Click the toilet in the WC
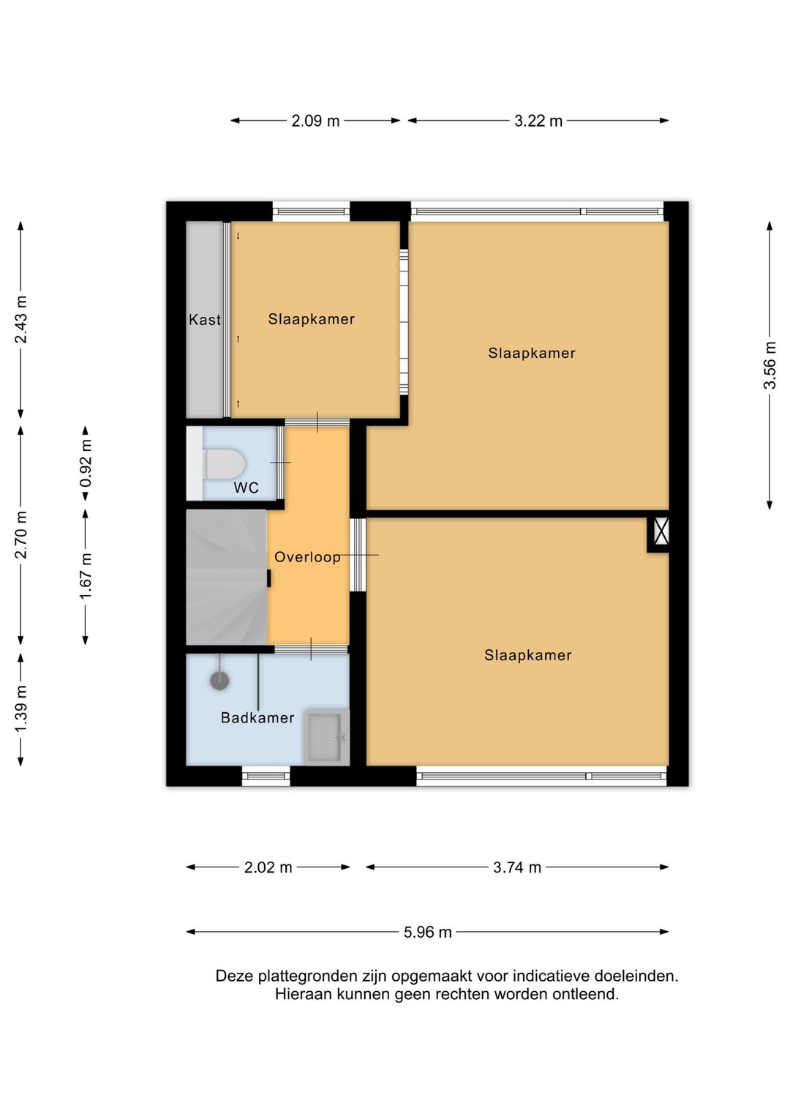[x=223, y=464]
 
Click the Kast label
[x=204, y=320]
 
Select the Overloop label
[x=307, y=557]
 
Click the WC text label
[x=247, y=487]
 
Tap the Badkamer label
[x=257, y=717]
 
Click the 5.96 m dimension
[x=427, y=932]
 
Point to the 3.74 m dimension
[x=517, y=867]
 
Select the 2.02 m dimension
[x=268, y=867]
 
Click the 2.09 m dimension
[x=315, y=121]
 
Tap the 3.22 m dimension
[x=538, y=121]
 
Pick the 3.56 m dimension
[x=770, y=365]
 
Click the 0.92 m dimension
[x=86, y=463]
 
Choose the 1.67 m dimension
[x=86, y=577]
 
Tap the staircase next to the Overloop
[x=227, y=577]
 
